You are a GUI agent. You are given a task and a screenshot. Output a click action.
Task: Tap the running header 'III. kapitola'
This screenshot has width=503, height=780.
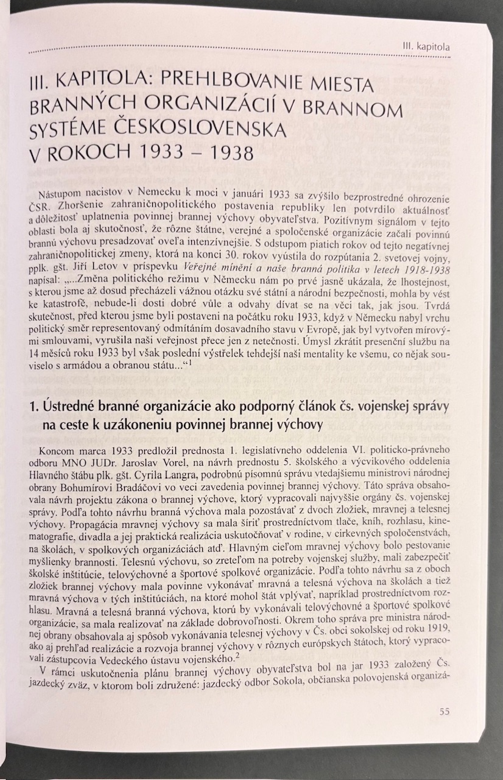pos(427,46)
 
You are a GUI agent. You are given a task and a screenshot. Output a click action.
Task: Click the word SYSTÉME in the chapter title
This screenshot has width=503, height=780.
pos(68,130)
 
